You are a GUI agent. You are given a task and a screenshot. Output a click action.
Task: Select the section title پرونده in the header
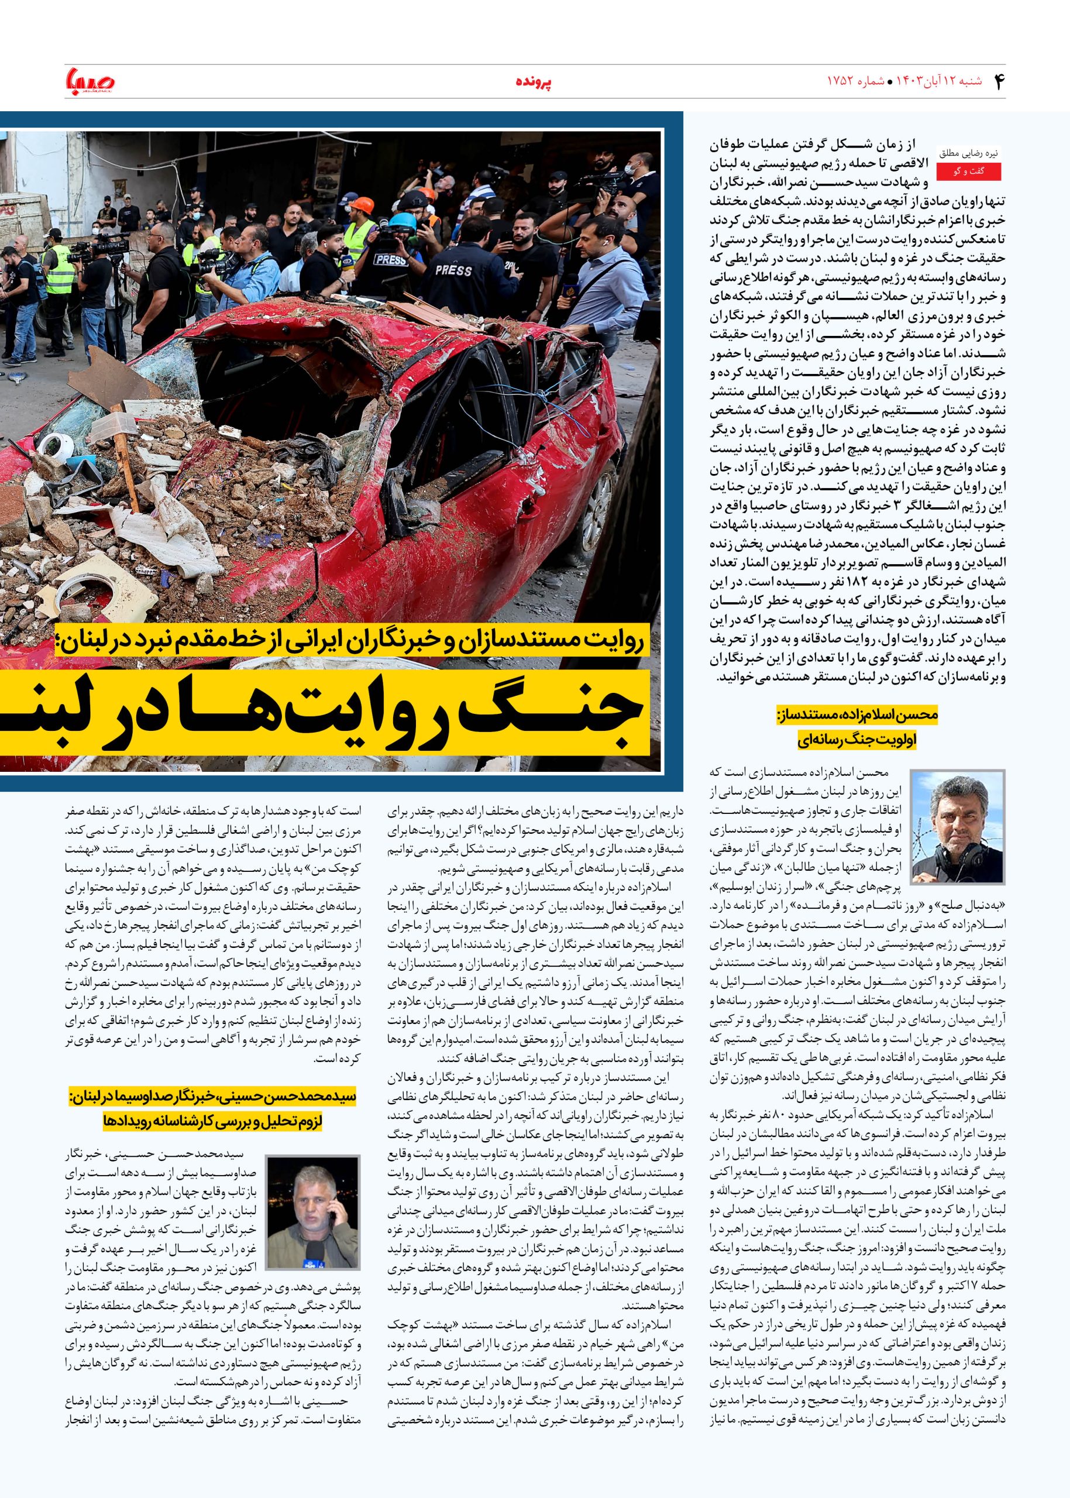534,83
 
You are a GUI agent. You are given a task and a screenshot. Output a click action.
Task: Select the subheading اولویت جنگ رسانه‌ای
856,740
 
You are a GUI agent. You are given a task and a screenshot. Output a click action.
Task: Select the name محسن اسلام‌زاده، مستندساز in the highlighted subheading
856,715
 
